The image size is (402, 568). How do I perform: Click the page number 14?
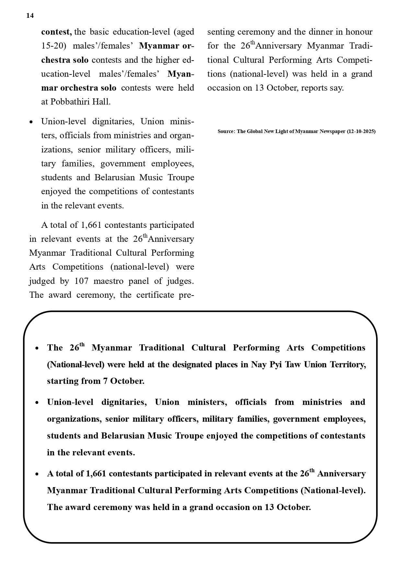(30, 16)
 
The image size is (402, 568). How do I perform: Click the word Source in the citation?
(226, 131)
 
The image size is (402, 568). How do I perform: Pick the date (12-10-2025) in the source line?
(361, 131)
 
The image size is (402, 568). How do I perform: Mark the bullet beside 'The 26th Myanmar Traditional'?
(37, 348)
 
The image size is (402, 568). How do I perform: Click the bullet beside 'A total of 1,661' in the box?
(37, 474)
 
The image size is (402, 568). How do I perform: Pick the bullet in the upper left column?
(31, 122)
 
